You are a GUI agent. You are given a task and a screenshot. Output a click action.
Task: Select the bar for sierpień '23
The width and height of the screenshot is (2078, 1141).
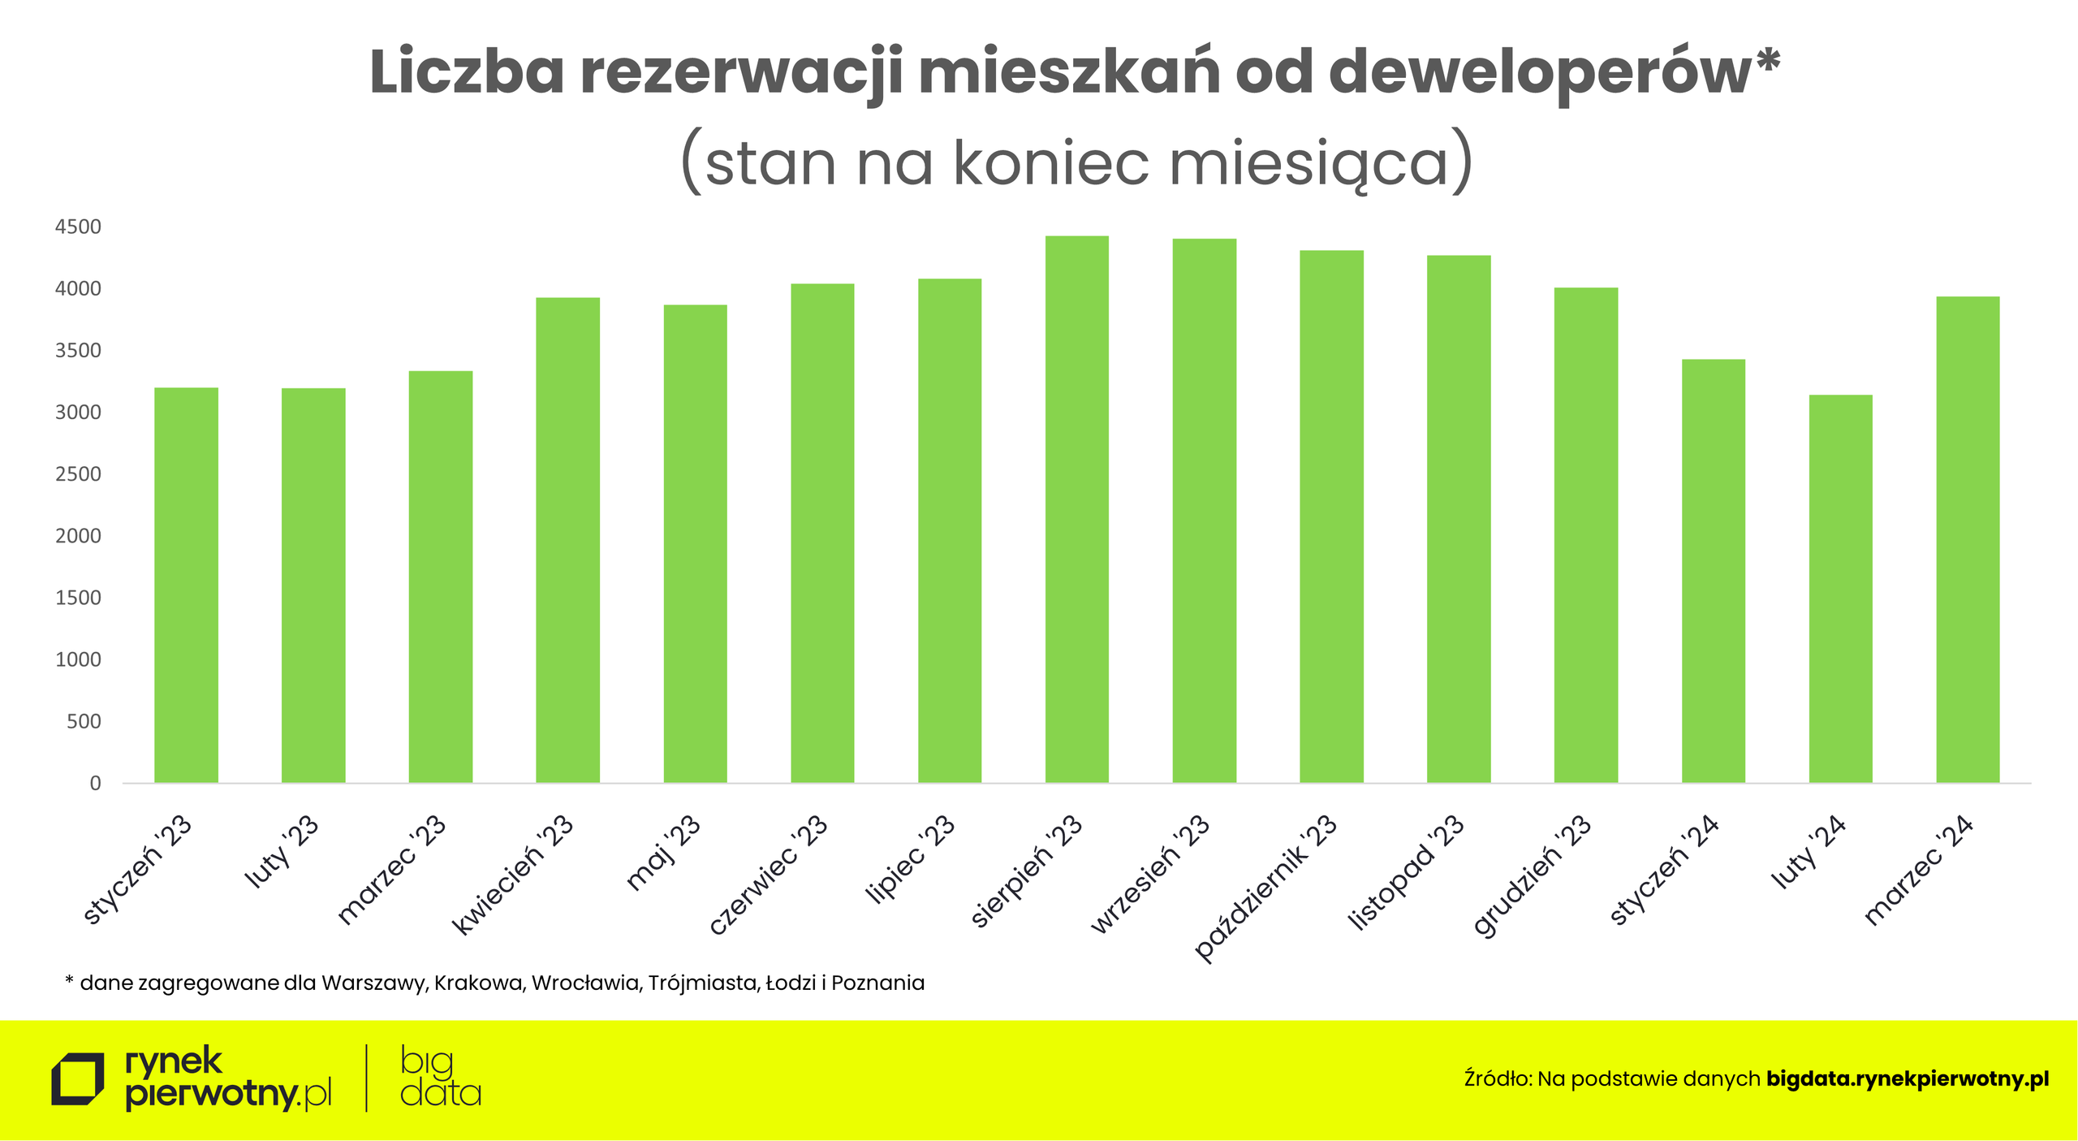pyautogui.click(x=1076, y=509)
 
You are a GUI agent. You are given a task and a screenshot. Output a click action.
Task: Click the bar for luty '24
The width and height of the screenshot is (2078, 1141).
pyautogui.click(x=1840, y=589)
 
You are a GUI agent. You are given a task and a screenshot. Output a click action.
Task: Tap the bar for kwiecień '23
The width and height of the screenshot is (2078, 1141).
pyautogui.click(x=567, y=540)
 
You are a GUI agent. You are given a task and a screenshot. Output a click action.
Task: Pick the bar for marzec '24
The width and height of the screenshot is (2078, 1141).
pyautogui.click(x=1968, y=539)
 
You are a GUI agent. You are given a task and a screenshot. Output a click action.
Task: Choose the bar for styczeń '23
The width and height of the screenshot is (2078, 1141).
pyautogui.click(x=186, y=585)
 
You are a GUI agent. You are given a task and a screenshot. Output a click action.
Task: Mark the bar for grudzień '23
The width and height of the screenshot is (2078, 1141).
pyautogui.click(x=1585, y=535)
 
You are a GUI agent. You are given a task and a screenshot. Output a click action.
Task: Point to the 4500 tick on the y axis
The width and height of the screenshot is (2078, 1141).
pyautogui.click(x=78, y=227)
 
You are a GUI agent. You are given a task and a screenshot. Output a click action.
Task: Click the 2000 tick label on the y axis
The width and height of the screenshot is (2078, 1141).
pyautogui.click(x=78, y=536)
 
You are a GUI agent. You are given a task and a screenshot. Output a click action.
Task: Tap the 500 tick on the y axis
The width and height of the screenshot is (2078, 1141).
pyautogui.click(x=84, y=721)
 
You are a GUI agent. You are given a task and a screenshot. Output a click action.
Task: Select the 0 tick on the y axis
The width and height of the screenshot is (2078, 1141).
pyautogui.click(x=95, y=783)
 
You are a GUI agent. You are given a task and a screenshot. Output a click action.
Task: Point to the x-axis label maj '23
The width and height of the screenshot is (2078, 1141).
pyautogui.click(x=663, y=853)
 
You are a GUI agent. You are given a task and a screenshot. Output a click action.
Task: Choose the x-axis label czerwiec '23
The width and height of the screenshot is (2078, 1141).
pyautogui.click(x=769, y=874)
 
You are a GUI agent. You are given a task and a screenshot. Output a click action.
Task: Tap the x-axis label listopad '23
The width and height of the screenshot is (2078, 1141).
pyautogui.click(x=1406, y=872)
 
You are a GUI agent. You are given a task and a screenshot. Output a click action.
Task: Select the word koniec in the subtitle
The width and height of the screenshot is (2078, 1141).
pyautogui.click(x=1050, y=162)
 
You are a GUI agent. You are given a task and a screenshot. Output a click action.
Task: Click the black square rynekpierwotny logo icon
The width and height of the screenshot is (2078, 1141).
pyautogui.click(x=77, y=1079)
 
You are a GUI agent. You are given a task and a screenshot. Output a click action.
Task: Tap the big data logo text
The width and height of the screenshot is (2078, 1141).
pyautogui.click(x=440, y=1078)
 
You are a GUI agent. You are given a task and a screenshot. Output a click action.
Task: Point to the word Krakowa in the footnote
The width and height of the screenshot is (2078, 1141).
pyautogui.click(x=479, y=983)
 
